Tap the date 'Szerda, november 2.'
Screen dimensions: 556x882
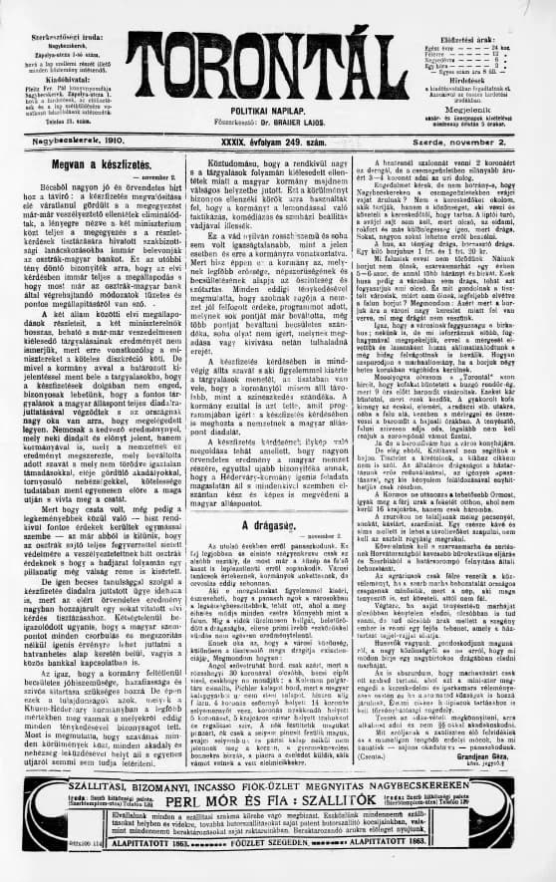click(x=495, y=142)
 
